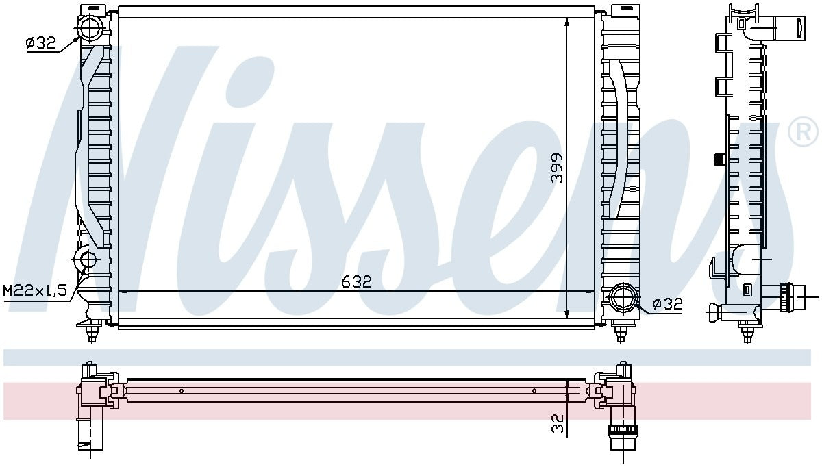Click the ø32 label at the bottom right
coord(667,305)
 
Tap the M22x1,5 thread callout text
coord(35,290)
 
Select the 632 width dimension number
coord(357,281)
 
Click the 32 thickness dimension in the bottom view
coord(558,423)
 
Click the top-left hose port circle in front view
coord(90,28)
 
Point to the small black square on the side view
coord(719,160)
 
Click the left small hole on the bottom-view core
coord(181,392)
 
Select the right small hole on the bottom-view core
coord(534,392)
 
